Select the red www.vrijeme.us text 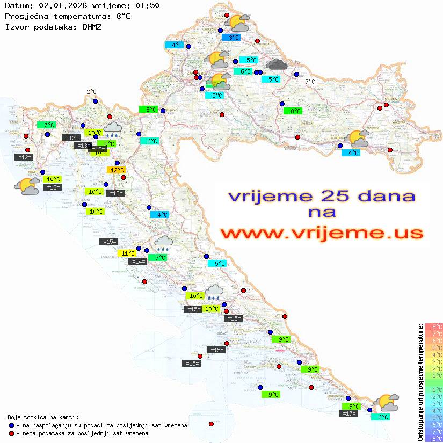pyautogui.click(x=322, y=233)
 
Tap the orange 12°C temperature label pyautogui.click(x=117, y=170)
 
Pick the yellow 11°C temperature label pyautogui.click(x=127, y=253)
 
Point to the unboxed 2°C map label pyautogui.click(x=91, y=92)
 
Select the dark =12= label pyautogui.click(x=24, y=157)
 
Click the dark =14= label pyautogui.click(x=138, y=262)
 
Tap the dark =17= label pyautogui.click(x=349, y=413)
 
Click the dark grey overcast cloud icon pyautogui.click(x=276, y=64)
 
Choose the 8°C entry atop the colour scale pyautogui.click(x=433, y=326)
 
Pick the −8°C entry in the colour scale pyautogui.click(x=433, y=438)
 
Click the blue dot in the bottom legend pyautogui.click(x=12, y=425)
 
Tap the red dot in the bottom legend pyautogui.click(x=12, y=433)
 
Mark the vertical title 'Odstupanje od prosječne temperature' pyautogui.click(x=420, y=382)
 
